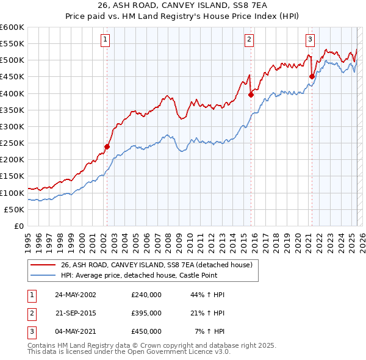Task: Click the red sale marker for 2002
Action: click(107, 146)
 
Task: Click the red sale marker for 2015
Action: click(251, 95)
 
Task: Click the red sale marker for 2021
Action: click(312, 76)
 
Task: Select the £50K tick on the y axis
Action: click(15, 209)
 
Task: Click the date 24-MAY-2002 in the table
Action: click(76, 295)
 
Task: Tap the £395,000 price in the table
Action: click(146, 313)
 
